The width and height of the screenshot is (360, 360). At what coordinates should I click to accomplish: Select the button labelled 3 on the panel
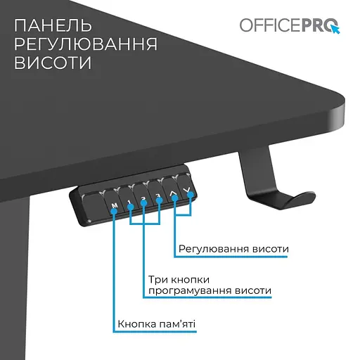tap(158, 198)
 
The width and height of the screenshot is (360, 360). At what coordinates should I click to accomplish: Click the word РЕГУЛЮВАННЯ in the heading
tap(85, 45)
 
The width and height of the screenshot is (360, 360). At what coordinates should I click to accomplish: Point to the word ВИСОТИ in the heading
tap(53, 63)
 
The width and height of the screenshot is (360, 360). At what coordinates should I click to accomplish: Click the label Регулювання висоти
tap(233, 250)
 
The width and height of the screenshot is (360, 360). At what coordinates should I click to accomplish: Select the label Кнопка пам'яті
tap(157, 325)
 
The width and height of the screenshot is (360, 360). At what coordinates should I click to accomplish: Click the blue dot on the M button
tap(113, 210)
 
